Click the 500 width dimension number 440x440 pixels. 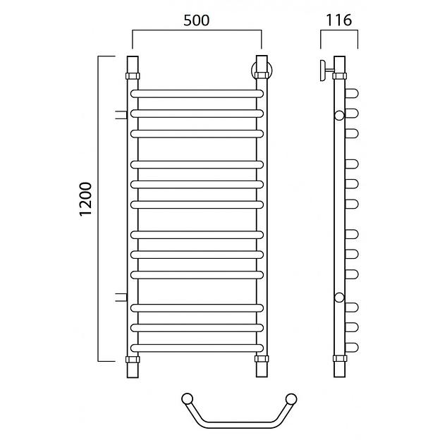click(197, 20)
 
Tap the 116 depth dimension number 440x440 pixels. click(338, 20)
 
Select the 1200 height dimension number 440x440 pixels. click(85, 199)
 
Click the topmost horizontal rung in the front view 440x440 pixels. click(197, 94)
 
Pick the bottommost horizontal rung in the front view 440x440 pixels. click(197, 348)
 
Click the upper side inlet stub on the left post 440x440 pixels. click(121, 115)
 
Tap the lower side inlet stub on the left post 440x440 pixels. click(121, 297)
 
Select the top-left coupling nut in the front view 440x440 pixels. click(133, 76)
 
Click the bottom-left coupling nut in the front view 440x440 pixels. click(133, 360)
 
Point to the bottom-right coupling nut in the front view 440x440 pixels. click(262, 359)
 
